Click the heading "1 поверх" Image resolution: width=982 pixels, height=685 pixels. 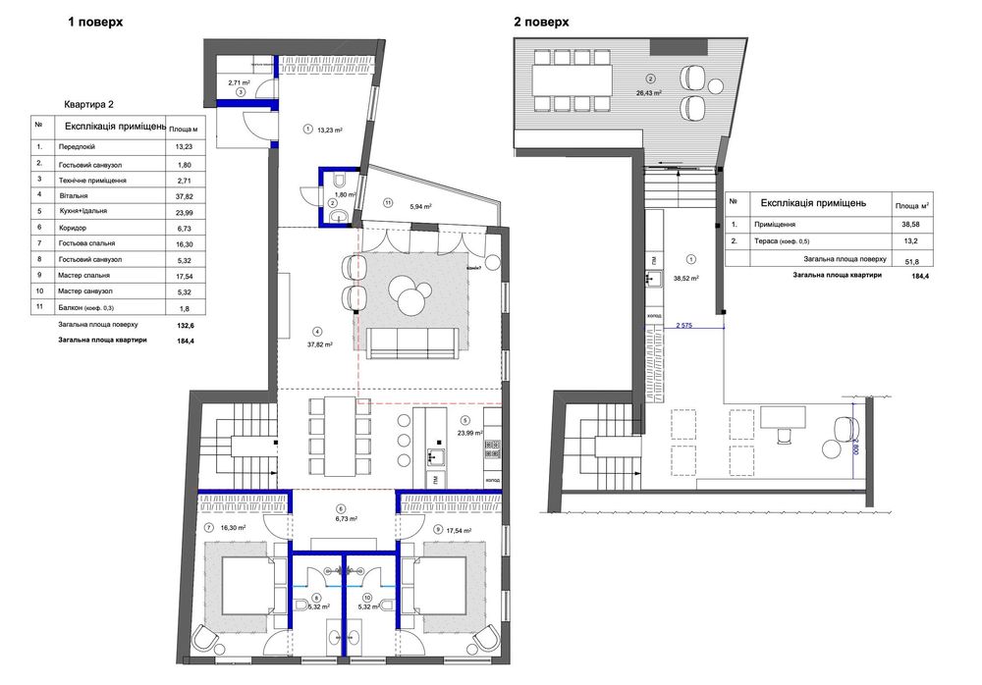tap(94, 21)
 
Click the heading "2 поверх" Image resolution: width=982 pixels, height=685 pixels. tap(541, 21)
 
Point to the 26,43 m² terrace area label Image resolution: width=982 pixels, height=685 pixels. tap(649, 92)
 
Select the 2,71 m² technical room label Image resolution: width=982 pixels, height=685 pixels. tap(240, 83)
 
